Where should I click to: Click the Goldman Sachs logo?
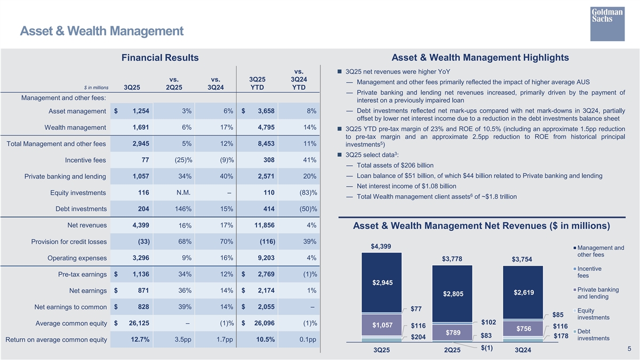pos(607,23)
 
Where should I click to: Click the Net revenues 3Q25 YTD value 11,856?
pos(265,226)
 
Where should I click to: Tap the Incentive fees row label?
pos(85,160)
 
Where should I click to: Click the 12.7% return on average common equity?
pos(138,340)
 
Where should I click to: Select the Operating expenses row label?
pos(77,259)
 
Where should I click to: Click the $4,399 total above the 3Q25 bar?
pos(381,246)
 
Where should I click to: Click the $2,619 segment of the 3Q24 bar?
pos(523,293)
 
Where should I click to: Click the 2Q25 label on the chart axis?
pos(452,350)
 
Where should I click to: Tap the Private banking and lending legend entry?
pos(597,293)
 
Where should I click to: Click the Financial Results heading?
pos(160,58)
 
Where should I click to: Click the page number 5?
pos(629,349)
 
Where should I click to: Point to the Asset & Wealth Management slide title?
pos(101,31)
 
